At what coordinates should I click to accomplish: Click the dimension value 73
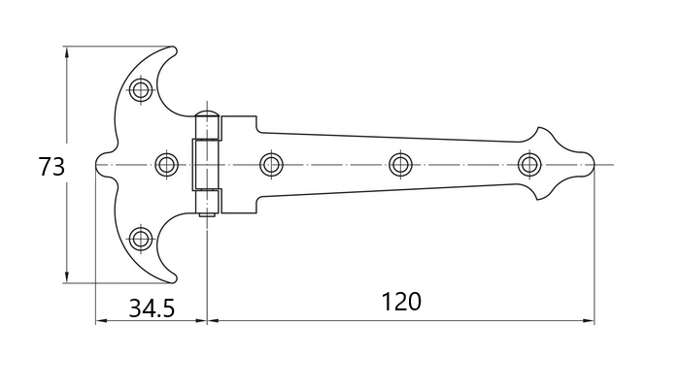51,167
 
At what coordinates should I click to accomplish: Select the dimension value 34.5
152,308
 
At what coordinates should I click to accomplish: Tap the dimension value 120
401,302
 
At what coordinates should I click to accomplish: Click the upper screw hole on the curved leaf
141,89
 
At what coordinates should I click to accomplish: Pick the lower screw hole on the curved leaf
141,239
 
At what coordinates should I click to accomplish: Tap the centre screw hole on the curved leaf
166,165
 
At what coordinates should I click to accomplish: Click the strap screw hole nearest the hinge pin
271,165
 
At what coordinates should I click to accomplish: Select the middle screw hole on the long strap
400,165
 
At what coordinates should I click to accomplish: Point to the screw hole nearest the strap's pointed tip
529,165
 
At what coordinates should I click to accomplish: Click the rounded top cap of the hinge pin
207,114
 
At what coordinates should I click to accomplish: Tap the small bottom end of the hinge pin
207,213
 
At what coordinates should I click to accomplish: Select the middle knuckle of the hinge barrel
206,165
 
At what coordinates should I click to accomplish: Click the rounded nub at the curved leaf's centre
100,165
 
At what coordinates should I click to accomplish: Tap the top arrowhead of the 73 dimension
66,52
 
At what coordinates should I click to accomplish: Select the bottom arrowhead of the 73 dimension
66,276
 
